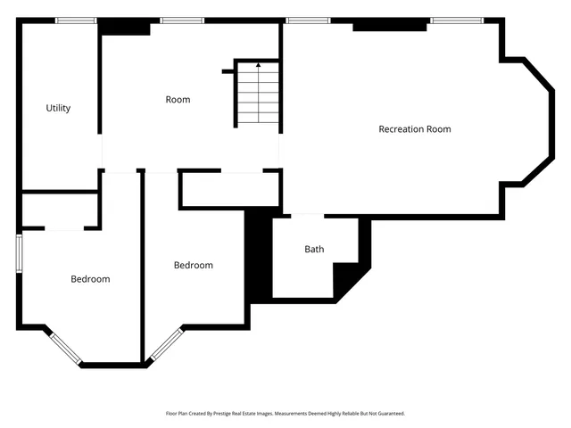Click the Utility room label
(58, 109)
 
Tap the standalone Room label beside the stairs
(178, 100)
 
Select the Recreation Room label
(415, 129)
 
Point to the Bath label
(314, 250)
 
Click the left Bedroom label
(90, 279)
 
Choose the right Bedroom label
(193, 265)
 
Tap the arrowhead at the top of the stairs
(259, 65)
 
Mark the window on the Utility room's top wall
(75, 21)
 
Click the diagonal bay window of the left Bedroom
(64, 347)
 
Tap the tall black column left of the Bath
(257, 255)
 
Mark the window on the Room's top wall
(182, 21)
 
